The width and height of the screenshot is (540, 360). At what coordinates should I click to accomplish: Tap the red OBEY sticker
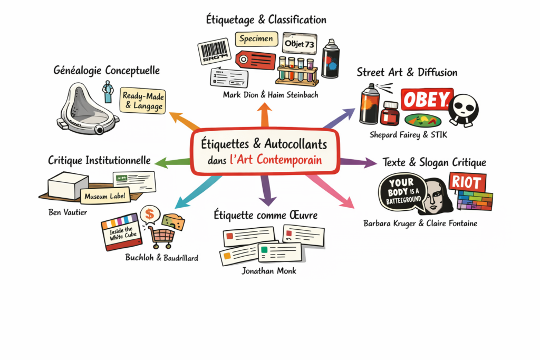tap(427, 99)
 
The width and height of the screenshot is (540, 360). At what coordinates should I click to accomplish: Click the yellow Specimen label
tap(256, 38)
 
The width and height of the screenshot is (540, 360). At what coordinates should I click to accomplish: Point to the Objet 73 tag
tap(299, 44)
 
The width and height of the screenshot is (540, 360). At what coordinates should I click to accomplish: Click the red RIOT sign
tap(467, 183)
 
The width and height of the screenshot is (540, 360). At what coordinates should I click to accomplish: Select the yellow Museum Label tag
tap(100, 198)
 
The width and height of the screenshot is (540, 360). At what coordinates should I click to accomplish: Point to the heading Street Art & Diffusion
tap(407, 72)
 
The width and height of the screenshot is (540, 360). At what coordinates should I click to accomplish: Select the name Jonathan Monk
tap(269, 271)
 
